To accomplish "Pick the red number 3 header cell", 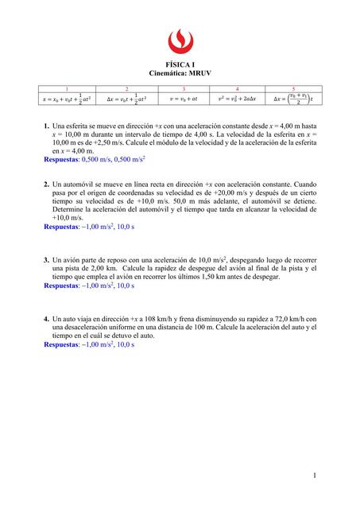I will (184, 89).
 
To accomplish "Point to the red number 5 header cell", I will (294, 89).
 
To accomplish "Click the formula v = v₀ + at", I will (184, 100).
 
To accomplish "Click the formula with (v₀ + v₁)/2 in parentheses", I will (293, 100).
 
